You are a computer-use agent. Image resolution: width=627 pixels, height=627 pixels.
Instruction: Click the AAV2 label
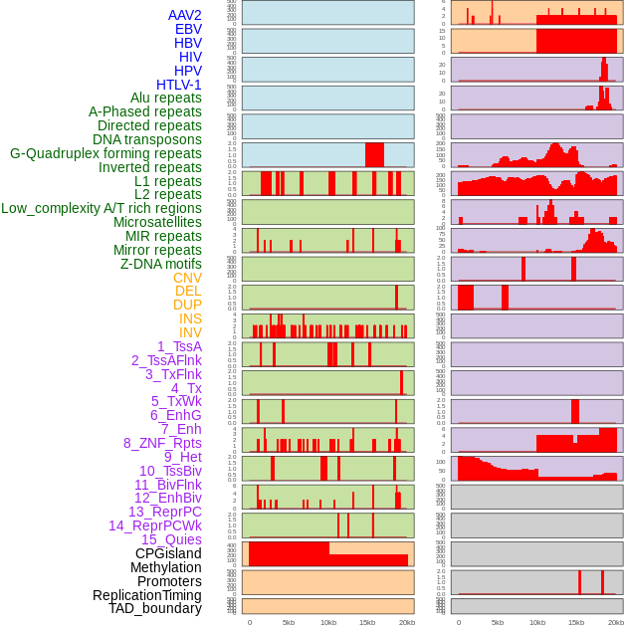[185, 15]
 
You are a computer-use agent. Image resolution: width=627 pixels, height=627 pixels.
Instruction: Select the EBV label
[188, 29]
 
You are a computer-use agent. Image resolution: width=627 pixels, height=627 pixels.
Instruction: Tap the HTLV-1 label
[179, 85]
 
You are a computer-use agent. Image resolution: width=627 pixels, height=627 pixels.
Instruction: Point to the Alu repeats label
[166, 98]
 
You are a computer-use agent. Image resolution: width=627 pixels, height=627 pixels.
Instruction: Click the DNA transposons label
[147, 139]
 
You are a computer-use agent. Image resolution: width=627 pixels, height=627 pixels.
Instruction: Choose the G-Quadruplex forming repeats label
[105, 153]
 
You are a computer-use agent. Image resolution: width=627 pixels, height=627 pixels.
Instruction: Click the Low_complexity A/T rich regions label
[102, 208]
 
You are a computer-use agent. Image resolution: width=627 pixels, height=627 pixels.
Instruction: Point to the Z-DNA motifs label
[161, 264]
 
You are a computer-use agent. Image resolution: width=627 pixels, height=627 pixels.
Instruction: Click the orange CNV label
[187, 278]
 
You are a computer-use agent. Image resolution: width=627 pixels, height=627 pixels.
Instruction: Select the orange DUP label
[187, 305]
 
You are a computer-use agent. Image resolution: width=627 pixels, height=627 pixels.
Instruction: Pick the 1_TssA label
[179, 346]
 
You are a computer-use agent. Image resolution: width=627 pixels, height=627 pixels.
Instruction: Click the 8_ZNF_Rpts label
[162, 443]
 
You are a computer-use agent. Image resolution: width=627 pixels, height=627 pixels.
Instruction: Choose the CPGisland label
[168, 553]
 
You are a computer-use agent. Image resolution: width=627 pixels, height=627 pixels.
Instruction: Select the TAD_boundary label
[155, 608]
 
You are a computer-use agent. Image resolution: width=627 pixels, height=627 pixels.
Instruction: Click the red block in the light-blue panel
[374, 155]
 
